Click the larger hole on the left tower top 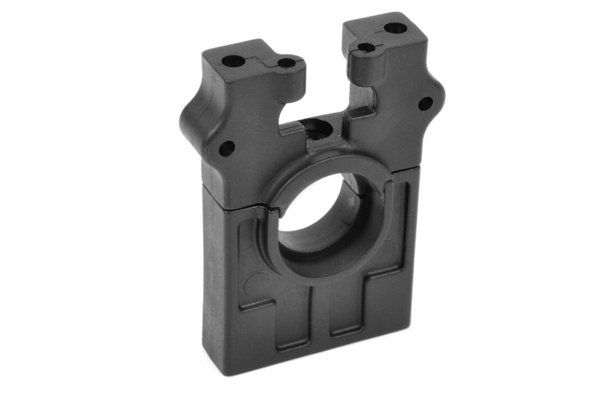click(x=233, y=60)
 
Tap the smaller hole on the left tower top click(x=287, y=62)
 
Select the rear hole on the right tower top click(x=395, y=28)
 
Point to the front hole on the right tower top click(x=367, y=47)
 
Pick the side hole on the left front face click(x=227, y=146)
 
